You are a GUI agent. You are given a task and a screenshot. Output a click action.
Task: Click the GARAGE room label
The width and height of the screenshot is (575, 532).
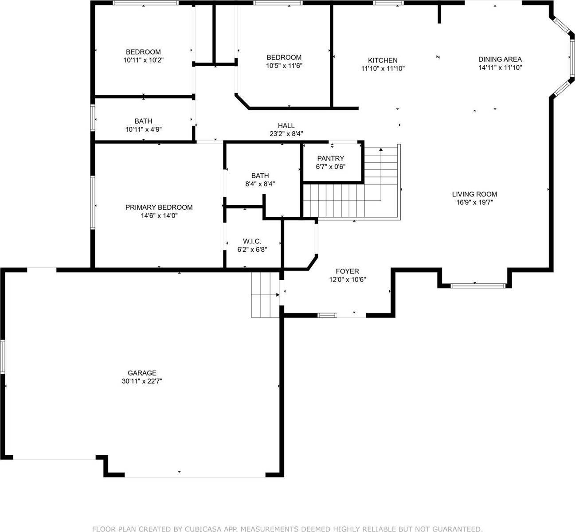pyautogui.click(x=142, y=373)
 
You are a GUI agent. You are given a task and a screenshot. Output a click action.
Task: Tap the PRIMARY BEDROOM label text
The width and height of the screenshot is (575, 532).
pyautogui.click(x=159, y=207)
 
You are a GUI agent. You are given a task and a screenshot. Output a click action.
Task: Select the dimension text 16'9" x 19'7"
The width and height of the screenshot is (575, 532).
pyautogui.click(x=474, y=202)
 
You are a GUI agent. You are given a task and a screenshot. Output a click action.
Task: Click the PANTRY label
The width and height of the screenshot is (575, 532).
pyautogui.click(x=330, y=159)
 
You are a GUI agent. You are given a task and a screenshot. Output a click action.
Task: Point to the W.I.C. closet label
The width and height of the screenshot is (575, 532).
pyautogui.click(x=252, y=241)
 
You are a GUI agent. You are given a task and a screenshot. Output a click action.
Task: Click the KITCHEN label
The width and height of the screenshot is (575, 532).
pyautogui.click(x=383, y=60)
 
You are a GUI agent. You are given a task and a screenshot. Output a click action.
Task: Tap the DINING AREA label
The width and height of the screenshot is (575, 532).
pyautogui.click(x=500, y=59)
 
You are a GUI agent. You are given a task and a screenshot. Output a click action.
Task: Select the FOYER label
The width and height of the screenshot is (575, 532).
pyautogui.click(x=347, y=271)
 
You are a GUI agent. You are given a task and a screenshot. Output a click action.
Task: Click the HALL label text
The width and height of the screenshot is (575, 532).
pyautogui.click(x=286, y=126)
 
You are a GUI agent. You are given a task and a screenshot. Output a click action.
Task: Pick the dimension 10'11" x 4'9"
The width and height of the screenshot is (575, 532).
pyautogui.click(x=143, y=129)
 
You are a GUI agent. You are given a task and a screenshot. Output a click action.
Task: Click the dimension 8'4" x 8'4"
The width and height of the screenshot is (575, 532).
pyautogui.click(x=260, y=184)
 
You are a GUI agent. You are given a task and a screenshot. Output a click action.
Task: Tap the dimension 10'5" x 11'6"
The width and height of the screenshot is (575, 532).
pyautogui.click(x=284, y=66)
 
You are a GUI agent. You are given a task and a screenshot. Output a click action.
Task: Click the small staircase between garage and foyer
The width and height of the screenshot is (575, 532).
pyautogui.click(x=265, y=295)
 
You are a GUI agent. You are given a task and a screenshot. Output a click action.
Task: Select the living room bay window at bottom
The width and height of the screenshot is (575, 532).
pyautogui.click(x=477, y=286)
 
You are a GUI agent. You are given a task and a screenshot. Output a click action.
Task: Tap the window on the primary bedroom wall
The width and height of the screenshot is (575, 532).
pyautogui.click(x=93, y=203)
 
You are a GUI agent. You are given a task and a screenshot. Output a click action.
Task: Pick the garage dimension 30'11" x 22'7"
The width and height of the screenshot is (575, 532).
pyautogui.click(x=142, y=381)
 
